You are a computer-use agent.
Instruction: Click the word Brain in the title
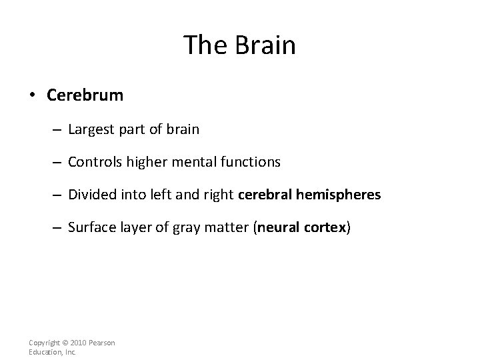[265, 45]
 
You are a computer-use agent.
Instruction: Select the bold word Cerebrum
[85, 95]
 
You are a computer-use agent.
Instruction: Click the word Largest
[90, 129]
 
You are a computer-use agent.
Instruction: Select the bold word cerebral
[262, 195]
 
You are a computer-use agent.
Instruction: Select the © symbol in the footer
[65, 343]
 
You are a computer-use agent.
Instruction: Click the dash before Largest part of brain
[59, 129]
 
